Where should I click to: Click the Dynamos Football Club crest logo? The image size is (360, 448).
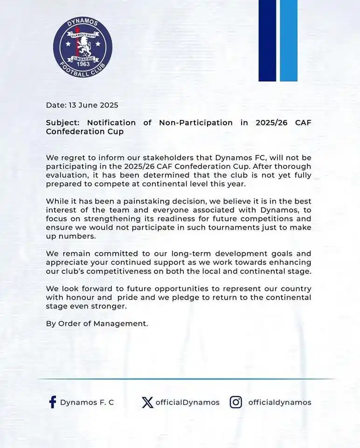tap(83, 47)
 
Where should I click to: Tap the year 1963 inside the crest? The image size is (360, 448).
tap(83, 64)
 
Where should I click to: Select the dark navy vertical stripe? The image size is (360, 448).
tap(267, 41)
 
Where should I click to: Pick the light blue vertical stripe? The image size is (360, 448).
tap(289, 41)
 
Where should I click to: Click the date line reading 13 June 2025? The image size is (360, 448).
tap(82, 105)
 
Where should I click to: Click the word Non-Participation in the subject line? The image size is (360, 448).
tap(196, 123)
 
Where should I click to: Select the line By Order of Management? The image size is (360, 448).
tap(97, 323)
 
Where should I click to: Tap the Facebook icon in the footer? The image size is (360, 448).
tap(53, 402)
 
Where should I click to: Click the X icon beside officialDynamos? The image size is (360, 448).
tap(147, 402)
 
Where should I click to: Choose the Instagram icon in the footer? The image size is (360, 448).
tap(236, 402)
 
